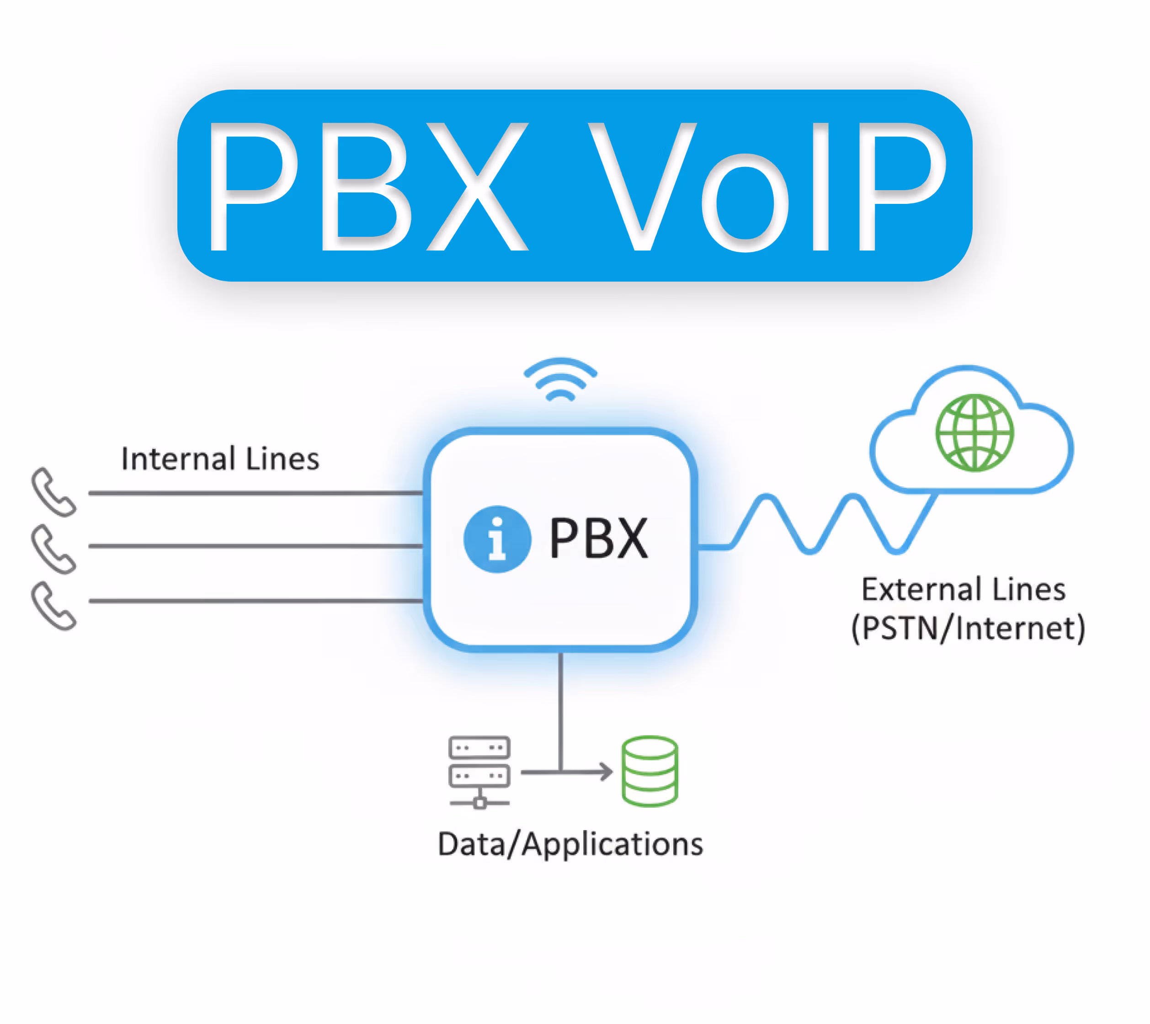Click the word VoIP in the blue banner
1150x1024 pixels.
pyautogui.click(x=768, y=187)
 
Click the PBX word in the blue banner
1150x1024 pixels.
pyautogui.click(x=368, y=187)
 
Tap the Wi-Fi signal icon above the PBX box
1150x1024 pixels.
pyautogui.click(x=560, y=380)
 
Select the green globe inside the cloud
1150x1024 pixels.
pyautogui.click(x=974, y=432)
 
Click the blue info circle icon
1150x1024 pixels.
pyautogui.click(x=497, y=539)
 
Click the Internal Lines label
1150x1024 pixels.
pyautogui.click(x=220, y=459)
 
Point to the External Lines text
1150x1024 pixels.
pyautogui.click(x=963, y=590)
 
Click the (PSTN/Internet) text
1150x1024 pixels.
pyautogui.click(x=968, y=629)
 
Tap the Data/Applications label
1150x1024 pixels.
pyautogui.click(x=570, y=844)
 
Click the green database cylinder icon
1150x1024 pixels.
pyautogui.click(x=650, y=771)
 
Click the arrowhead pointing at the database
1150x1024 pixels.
pyautogui.click(x=607, y=772)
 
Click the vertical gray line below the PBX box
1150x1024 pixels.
pyautogui.click(x=560, y=709)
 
